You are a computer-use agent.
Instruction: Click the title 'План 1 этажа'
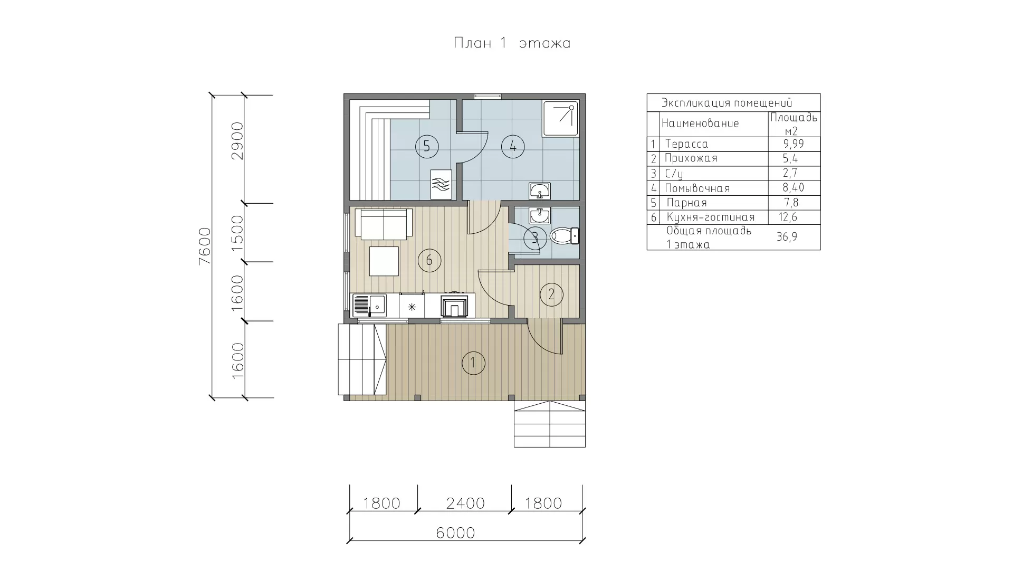(512, 43)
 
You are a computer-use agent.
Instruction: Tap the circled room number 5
(427, 146)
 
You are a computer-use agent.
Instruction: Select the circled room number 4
(513, 146)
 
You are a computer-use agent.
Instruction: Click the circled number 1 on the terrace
(473, 363)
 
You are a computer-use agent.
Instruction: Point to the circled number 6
(429, 260)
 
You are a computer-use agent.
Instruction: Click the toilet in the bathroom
(565, 235)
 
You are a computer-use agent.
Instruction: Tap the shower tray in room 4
(560, 119)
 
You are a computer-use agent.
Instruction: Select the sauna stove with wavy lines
(441, 184)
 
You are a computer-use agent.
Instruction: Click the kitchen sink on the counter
(369, 305)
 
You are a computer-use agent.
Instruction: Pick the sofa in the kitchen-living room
(384, 223)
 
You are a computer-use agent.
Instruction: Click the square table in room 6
(384, 261)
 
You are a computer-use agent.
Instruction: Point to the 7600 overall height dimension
(204, 246)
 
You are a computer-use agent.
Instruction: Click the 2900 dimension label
(237, 141)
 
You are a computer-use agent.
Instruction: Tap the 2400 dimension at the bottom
(465, 503)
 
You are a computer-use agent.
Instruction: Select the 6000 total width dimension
(456, 533)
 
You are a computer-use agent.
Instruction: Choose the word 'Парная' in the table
(686, 203)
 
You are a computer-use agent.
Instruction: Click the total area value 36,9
(787, 237)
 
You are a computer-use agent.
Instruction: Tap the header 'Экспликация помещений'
(727, 103)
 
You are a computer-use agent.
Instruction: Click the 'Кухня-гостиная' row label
(711, 217)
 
